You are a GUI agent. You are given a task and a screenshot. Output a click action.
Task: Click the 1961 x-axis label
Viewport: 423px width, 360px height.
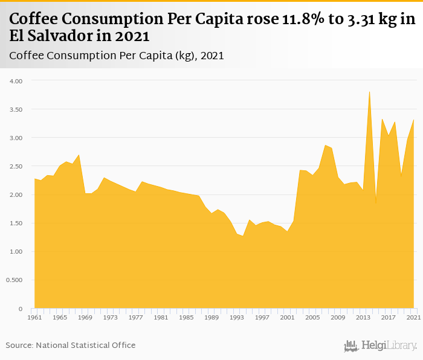coord(34,317)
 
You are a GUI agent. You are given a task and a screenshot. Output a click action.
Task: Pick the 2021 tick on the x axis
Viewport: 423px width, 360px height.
coord(413,317)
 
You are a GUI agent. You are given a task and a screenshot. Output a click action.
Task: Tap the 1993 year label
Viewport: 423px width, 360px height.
coord(236,317)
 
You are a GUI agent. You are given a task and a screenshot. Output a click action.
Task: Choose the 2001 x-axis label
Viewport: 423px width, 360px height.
coord(287,317)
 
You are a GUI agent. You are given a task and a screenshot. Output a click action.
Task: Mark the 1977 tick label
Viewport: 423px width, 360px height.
coord(135,317)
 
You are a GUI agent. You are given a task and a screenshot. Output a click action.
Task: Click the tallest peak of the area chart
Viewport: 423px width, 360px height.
coord(369,92)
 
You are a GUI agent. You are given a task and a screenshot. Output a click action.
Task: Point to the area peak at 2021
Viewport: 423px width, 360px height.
coord(413,120)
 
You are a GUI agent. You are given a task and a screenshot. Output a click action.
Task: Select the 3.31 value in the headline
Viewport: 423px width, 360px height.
coord(361,19)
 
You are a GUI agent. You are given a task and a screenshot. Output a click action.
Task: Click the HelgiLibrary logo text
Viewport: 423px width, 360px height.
coord(389,346)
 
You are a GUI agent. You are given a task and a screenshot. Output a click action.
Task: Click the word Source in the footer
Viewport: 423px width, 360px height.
coord(19,346)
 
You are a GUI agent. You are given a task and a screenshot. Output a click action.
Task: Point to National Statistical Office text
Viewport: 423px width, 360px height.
coord(86,346)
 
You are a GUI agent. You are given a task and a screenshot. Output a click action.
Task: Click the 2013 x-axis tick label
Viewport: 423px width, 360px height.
coord(363,317)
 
